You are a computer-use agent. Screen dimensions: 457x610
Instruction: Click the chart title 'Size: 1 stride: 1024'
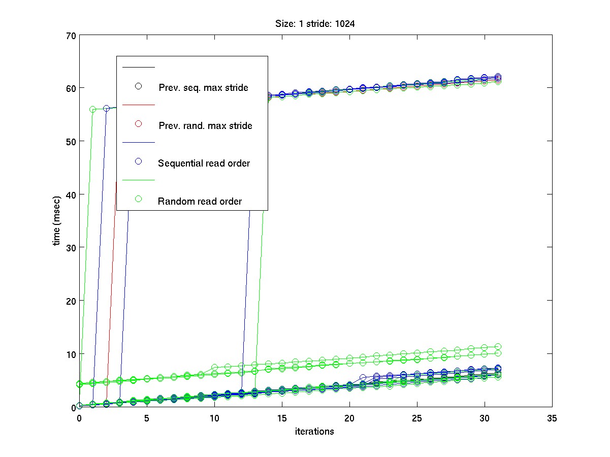point(315,23)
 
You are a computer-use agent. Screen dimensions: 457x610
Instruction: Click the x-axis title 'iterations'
point(315,432)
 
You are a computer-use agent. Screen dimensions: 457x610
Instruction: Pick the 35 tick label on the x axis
point(552,418)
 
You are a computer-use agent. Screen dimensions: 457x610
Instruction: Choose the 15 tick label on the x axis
point(282,418)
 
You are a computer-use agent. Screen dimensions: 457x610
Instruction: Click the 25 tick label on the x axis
point(417,418)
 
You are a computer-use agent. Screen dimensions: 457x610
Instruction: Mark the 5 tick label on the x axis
point(147,418)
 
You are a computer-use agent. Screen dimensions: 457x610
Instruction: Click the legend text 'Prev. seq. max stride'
point(203,88)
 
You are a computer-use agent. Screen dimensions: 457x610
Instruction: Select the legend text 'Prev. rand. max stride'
point(205,126)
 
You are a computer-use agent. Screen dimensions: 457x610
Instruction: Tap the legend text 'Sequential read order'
point(204,164)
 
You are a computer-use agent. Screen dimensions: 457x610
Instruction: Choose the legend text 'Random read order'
point(200,202)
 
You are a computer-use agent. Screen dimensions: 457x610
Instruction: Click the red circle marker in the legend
point(138,124)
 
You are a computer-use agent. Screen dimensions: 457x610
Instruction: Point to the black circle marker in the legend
point(138,86)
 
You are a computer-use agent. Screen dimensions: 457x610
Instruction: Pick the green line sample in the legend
point(138,180)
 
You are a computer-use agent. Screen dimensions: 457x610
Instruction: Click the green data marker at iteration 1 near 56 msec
point(93,109)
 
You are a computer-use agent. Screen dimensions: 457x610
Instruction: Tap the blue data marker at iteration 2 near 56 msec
point(106,108)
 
